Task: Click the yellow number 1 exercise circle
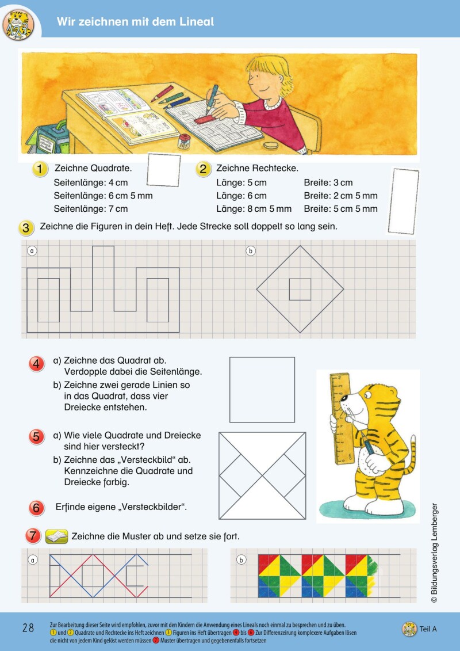tap(39, 169)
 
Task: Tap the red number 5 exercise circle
tap(36, 436)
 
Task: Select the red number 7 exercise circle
tap(33, 536)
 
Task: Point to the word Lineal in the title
tap(194, 22)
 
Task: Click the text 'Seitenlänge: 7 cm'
tap(91, 209)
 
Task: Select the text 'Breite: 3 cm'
tap(328, 183)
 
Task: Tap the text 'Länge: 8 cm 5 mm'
tap(254, 209)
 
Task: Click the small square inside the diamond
tap(300, 289)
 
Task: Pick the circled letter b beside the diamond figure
tap(251, 251)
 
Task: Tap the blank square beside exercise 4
tap(262, 390)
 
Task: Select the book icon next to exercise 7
tap(56, 536)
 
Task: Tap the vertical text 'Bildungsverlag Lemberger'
tap(435, 553)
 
